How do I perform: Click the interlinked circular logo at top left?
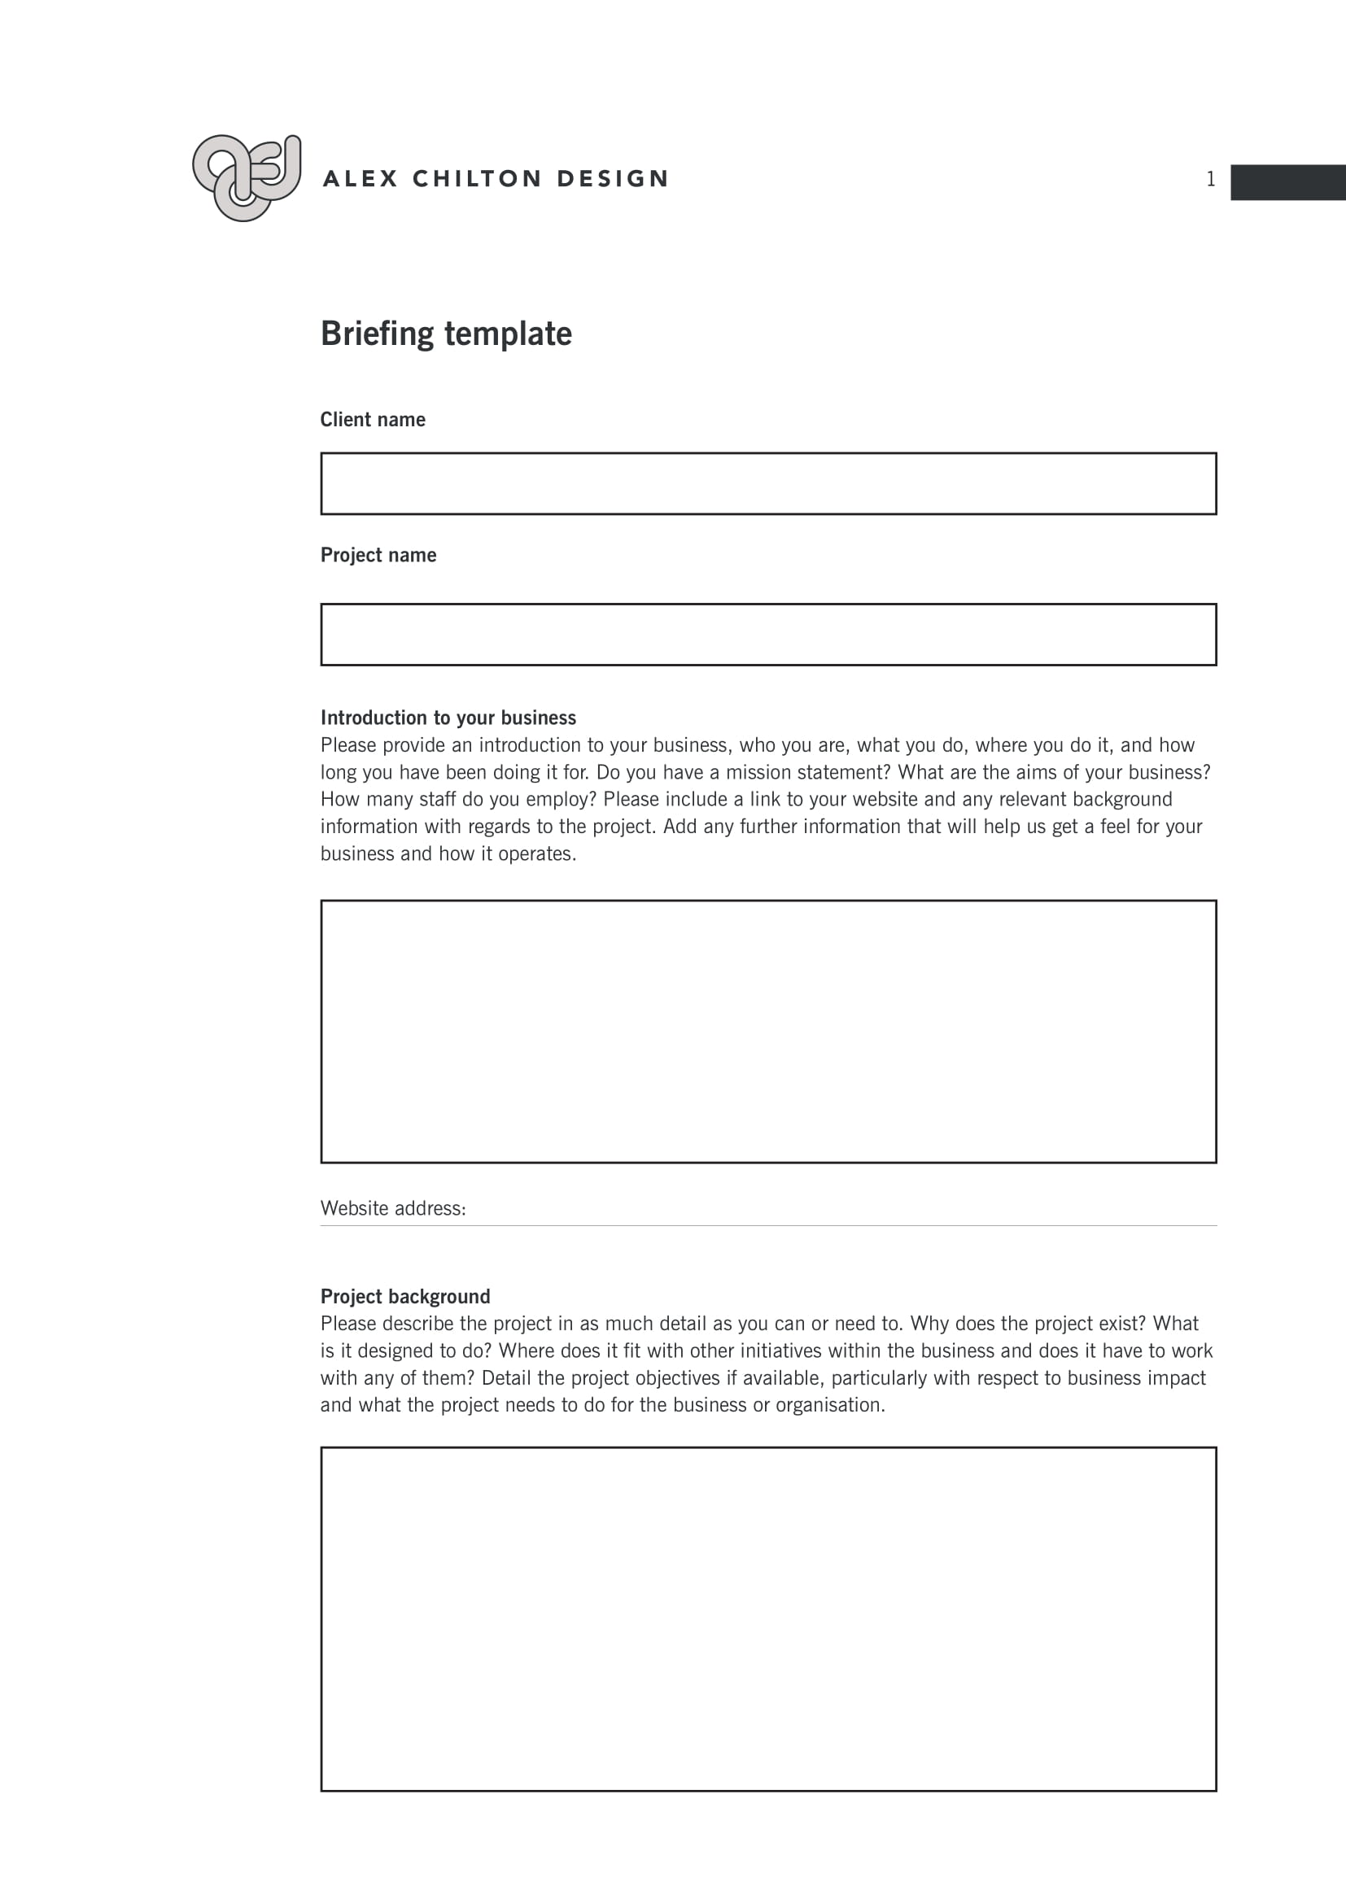(x=246, y=177)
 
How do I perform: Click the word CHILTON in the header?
(x=478, y=179)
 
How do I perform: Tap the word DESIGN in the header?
(x=613, y=179)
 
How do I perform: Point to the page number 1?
(x=1210, y=180)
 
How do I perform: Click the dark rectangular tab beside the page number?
(x=1287, y=182)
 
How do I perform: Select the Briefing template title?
(x=446, y=334)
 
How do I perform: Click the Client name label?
(x=372, y=420)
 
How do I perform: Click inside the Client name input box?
(x=768, y=484)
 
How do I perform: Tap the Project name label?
(x=378, y=556)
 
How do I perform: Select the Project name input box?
(x=768, y=635)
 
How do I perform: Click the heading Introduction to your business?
(x=448, y=718)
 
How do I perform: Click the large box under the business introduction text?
(x=768, y=1031)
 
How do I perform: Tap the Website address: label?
(x=393, y=1208)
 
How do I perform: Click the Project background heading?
(x=405, y=1296)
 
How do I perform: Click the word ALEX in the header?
(x=361, y=179)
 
